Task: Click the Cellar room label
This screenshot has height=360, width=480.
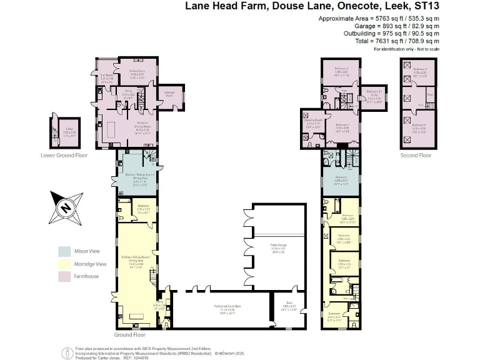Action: (70, 131)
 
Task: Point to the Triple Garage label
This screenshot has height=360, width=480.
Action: (277, 246)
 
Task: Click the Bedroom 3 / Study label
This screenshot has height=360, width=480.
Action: (374, 94)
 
